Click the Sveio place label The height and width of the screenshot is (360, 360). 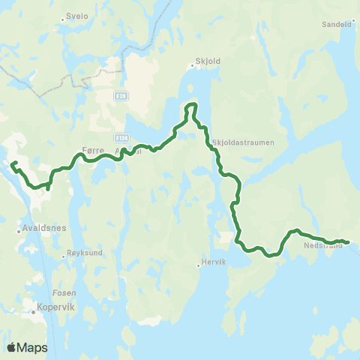[79, 15]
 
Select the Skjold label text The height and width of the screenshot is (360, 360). [205, 65]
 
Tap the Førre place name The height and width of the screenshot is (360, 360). [91, 150]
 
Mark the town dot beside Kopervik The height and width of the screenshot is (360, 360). [34, 307]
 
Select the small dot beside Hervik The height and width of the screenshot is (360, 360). [196, 263]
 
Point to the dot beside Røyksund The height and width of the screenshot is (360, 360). [67, 253]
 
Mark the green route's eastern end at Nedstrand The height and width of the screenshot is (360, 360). [347, 241]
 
